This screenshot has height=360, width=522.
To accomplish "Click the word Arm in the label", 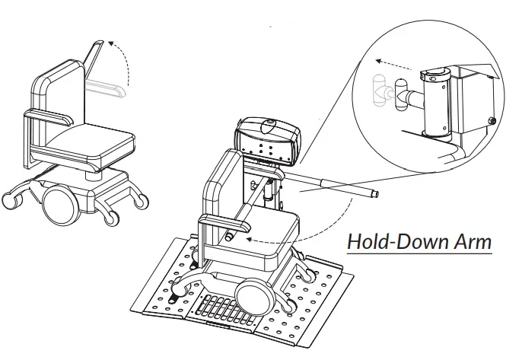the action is point(470,242).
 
